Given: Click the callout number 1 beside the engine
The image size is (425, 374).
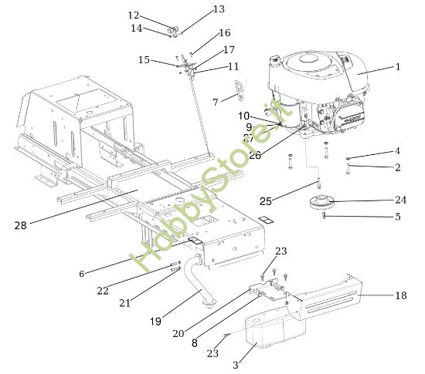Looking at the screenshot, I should pyautogui.click(x=398, y=67).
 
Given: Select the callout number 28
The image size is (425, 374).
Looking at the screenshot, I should pyautogui.click(x=22, y=225).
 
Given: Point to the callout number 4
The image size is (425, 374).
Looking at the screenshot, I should pyautogui.click(x=397, y=151).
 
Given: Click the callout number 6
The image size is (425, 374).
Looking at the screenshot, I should pyautogui.click(x=82, y=273).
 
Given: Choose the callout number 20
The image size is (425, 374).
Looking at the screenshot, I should pyautogui.click(x=178, y=333).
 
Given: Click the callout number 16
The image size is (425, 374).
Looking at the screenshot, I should pyautogui.click(x=225, y=33).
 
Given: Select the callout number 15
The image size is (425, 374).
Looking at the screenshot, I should pyautogui.click(x=144, y=59).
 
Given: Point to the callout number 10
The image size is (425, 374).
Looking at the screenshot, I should pyautogui.click(x=244, y=116).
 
